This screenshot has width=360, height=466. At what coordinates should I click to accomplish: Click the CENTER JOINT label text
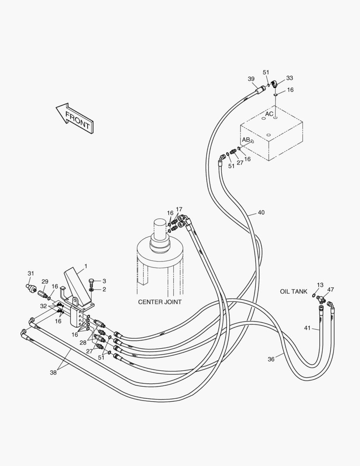[x=160, y=302]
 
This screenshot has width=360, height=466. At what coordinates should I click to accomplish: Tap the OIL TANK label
[x=293, y=292]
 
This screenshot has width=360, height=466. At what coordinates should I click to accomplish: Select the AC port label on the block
[x=269, y=114]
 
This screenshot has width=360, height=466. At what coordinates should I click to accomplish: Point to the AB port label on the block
[x=246, y=140]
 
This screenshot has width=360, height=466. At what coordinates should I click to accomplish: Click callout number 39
[x=251, y=79]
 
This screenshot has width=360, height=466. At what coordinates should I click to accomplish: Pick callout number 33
[x=289, y=78]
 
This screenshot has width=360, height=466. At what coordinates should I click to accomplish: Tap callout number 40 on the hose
[x=261, y=213]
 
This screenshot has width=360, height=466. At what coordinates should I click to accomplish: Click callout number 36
[x=271, y=359]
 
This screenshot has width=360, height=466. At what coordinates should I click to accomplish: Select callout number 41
[x=307, y=328]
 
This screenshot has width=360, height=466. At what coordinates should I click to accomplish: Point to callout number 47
[x=331, y=290]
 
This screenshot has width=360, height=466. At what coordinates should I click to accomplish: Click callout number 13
[x=320, y=285]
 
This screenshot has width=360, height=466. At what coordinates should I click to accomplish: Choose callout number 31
[x=31, y=273]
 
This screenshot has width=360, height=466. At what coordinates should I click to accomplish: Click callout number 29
[x=45, y=281]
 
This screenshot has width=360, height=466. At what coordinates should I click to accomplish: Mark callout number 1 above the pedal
[x=85, y=266]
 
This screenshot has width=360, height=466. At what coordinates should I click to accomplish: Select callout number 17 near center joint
[x=179, y=209]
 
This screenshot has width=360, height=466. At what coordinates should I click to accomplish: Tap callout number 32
[x=43, y=305]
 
